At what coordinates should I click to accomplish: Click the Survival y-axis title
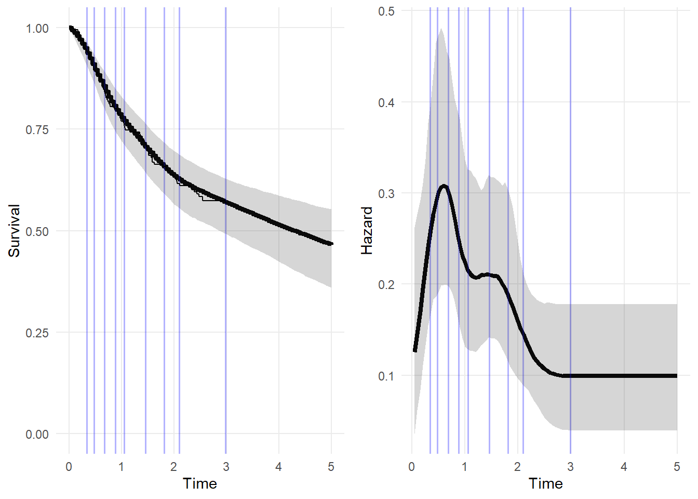14,231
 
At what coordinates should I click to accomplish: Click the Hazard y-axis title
367,231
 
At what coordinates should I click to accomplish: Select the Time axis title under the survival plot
200,484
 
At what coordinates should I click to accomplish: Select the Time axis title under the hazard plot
545,484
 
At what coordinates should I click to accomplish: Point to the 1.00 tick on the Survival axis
37,28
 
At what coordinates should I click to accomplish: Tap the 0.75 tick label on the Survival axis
37,129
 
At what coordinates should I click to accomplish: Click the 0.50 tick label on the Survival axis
37,231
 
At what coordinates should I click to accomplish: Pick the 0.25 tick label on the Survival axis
37,333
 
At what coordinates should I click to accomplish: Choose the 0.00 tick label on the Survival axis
37,434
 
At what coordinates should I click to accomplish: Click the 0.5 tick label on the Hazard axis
386,11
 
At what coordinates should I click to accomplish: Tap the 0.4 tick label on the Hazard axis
386,102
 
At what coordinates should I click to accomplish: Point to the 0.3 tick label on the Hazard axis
386,193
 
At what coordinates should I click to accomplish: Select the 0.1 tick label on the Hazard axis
386,376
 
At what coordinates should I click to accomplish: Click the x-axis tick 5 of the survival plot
331,467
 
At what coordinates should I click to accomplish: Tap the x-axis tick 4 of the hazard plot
624,467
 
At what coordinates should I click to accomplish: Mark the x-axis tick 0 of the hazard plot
412,467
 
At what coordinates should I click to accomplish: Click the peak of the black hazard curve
444,186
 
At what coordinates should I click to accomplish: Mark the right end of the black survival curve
331,243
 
